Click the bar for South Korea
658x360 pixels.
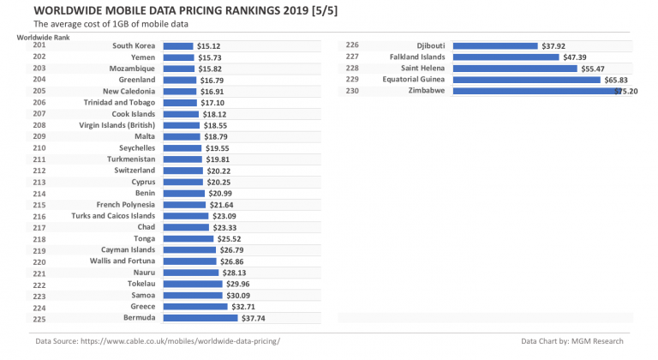click(177, 46)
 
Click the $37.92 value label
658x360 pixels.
click(556, 46)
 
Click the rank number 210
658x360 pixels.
click(39, 147)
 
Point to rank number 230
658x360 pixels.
click(351, 90)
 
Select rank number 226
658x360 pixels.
click(351, 45)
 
